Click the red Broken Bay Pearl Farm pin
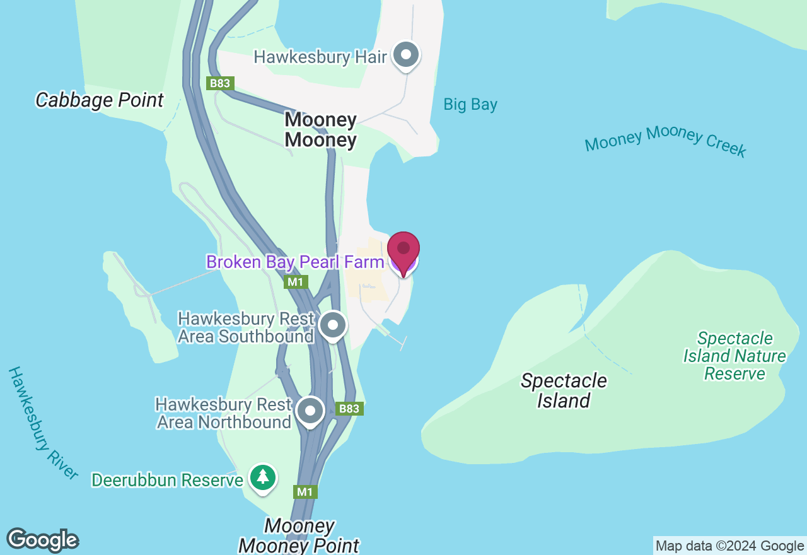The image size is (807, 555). [x=403, y=250]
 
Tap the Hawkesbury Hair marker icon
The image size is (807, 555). [x=406, y=56]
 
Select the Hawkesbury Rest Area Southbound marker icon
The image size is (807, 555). [x=332, y=325]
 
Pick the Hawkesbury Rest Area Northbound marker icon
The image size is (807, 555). [x=310, y=411]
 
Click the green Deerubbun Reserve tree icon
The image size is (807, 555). [x=262, y=478]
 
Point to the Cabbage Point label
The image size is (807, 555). [x=100, y=100]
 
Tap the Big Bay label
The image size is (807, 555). [x=470, y=105]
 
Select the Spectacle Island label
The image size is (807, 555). [x=564, y=390]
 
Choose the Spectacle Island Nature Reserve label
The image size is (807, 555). [x=734, y=356]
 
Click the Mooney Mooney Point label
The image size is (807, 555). [x=299, y=535]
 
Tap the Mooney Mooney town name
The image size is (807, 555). [x=321, y=129]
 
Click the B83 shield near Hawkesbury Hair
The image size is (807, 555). [x=221, y=83]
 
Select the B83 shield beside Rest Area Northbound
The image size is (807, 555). [x=349, y=409]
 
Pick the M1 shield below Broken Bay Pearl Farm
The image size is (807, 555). [x=296, y=281]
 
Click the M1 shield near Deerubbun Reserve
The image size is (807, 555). [x=305, y=491]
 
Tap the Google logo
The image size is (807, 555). [x=42, y=540]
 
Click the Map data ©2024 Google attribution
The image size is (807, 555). [x=729, y=546]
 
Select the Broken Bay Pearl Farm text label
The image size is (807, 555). [x=295, y=262]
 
